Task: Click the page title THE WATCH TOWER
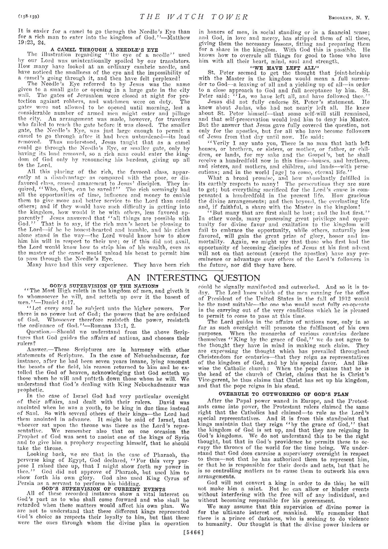pyautogui.click(x=194, y=17)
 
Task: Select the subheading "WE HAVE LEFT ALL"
pyautogui.click(x=284, y=67)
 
